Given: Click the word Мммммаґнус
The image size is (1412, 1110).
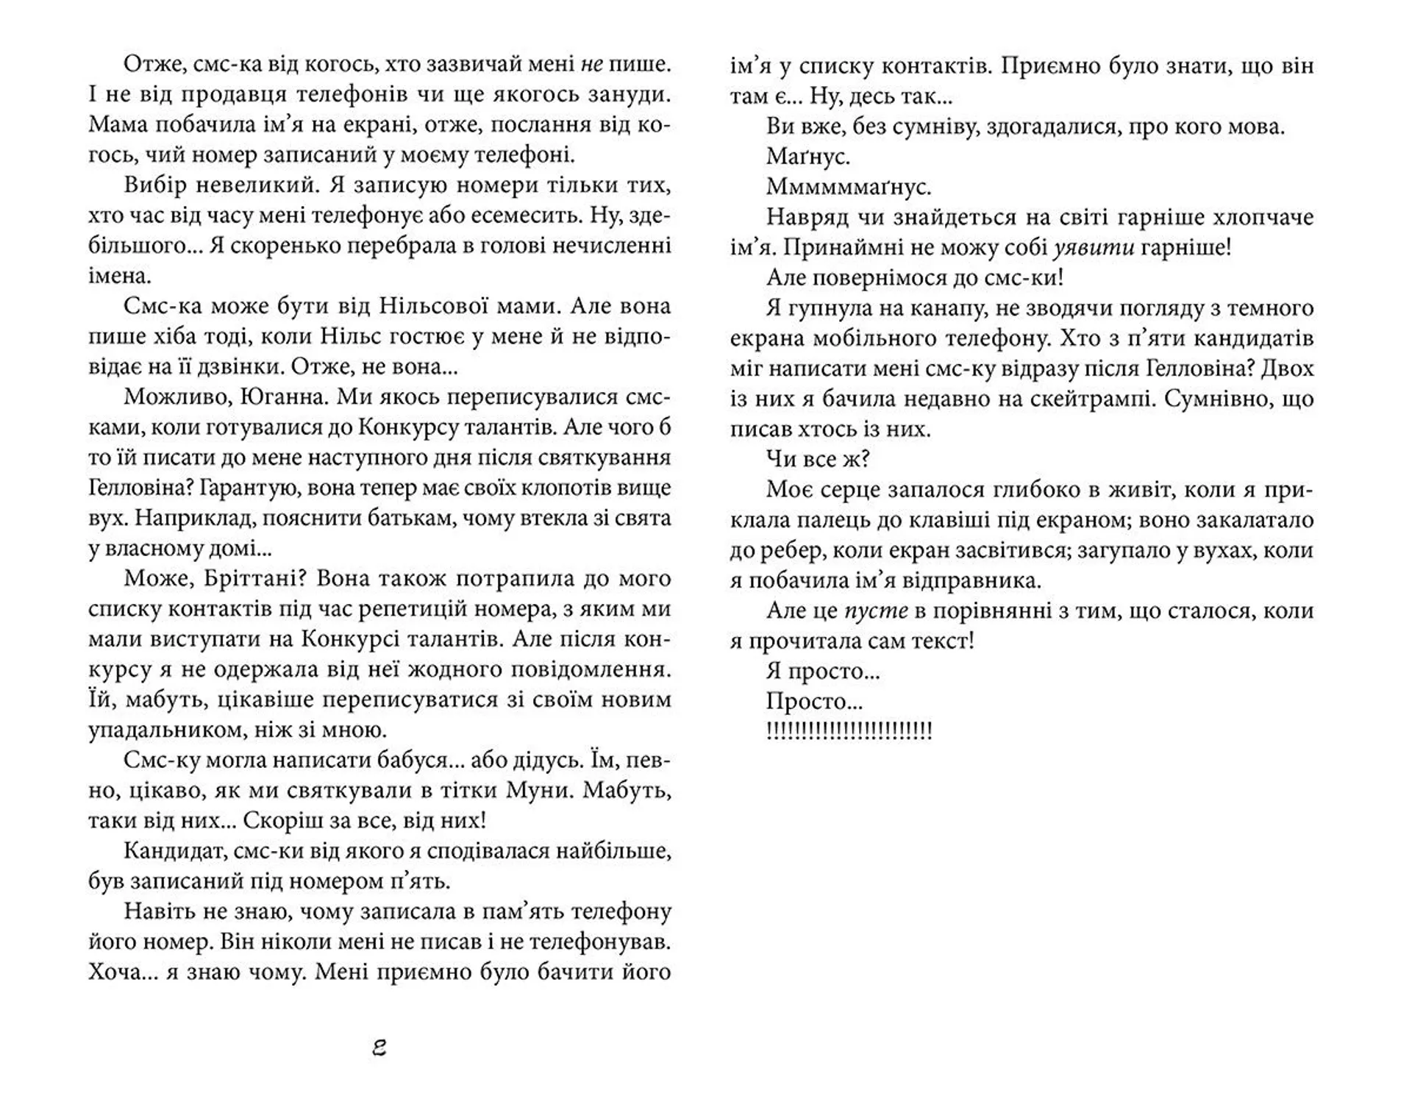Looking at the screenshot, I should coord(849,188).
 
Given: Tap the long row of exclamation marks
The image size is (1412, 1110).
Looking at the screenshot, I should coord(849,731).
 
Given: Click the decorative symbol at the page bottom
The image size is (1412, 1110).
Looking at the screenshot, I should coord(379,1048).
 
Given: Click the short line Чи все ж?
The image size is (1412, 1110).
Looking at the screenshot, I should coord(818,460).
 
